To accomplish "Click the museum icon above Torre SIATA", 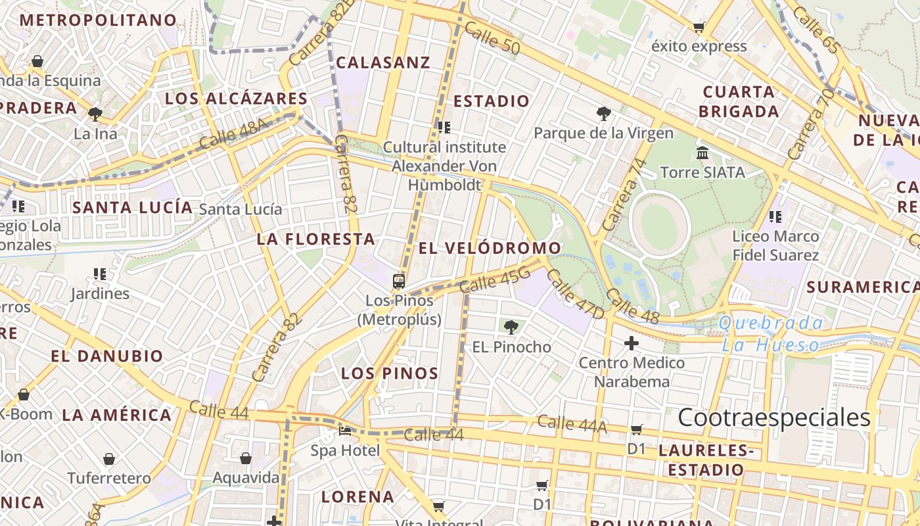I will (702, 153).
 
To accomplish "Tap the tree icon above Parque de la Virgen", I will (603, 113).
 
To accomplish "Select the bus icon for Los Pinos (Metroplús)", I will (399, 281).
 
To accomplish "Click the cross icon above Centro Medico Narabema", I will (631, 343).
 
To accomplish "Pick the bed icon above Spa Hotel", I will (345, 431).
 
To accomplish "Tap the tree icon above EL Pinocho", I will (511, 326).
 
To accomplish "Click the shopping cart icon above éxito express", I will (699, 27).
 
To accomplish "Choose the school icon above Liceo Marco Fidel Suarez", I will (775, 216).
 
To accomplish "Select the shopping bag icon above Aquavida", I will (246, 458).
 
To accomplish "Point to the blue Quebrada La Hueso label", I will (770, 333).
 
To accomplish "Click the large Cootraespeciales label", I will (773, 418).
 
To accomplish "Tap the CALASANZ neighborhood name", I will (383, 62).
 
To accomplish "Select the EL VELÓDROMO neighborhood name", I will (490, 248).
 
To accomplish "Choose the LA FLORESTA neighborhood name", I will (315, 239).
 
